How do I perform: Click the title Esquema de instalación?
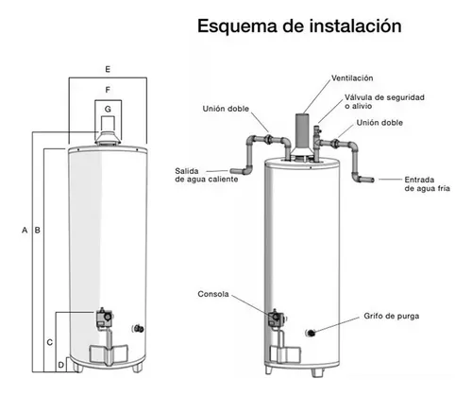299,26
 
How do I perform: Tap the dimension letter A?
25,231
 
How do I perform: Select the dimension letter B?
38,231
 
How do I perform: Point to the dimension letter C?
50,342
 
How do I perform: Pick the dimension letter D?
61,365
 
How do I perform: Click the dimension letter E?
108,69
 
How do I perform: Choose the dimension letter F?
108,90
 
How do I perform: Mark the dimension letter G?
108,109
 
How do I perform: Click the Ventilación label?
352,78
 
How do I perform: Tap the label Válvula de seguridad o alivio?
384,101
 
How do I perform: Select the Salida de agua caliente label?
207,175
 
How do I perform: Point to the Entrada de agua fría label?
427,184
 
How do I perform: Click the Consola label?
213,294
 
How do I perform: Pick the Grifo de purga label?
392,316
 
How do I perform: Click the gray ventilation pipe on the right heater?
302,131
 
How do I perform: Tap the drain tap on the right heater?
311,333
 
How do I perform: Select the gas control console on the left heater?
104,319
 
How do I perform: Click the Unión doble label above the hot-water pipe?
226,109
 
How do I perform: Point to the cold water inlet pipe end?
371,180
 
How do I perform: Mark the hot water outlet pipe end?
233,171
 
